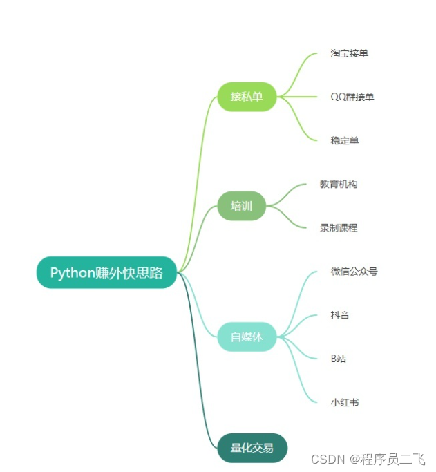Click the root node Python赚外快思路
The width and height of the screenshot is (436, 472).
[x=107, y=272]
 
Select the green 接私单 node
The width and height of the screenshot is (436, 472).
[x=247, y=97]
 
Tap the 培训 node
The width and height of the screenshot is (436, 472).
[x=242, y=206]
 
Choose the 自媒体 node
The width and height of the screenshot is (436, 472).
[x=247, y=337]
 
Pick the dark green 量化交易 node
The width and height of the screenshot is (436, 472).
[x=252, y=447]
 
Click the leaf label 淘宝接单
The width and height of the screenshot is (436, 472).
[x=349, y=53]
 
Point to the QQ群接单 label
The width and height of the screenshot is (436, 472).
[x=352, y=97]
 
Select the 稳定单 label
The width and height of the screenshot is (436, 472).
[x=344, y=140]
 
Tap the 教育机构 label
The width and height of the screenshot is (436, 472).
[x=339, y=185]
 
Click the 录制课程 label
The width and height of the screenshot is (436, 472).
[x=339, y=227]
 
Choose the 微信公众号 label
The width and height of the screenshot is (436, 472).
[x=354, y=272]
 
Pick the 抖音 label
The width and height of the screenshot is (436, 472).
[x=340, y=315]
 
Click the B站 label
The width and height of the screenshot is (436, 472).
[x=338, y=359]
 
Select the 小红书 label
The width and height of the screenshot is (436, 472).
[x=344, y=402]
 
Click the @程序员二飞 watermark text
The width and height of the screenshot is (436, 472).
[x=387, y=459]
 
